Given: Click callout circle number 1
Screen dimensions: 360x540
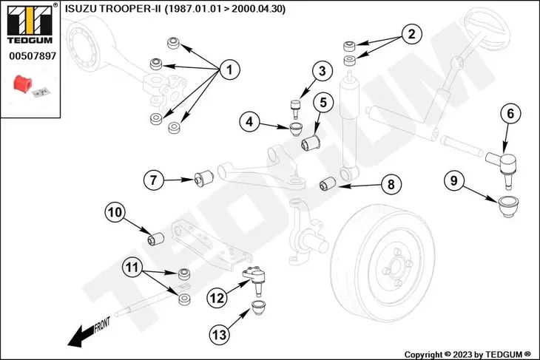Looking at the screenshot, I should [x=229, y=70].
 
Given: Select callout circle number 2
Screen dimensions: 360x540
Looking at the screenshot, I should [x=413, y=33].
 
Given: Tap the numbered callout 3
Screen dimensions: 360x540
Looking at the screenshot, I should [x=322, y=72].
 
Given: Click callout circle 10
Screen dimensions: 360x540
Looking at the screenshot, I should [x=115, y=214].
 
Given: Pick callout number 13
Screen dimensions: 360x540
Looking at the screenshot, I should [x=219, y=335].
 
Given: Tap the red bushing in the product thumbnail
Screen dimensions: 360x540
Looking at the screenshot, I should [x=24, y=84].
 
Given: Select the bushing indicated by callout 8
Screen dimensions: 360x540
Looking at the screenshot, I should [x=326, y=183].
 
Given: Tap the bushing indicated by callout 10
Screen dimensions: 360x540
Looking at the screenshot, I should [x=155, y=240].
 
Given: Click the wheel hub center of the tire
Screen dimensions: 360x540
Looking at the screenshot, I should [x=391, y=268].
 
